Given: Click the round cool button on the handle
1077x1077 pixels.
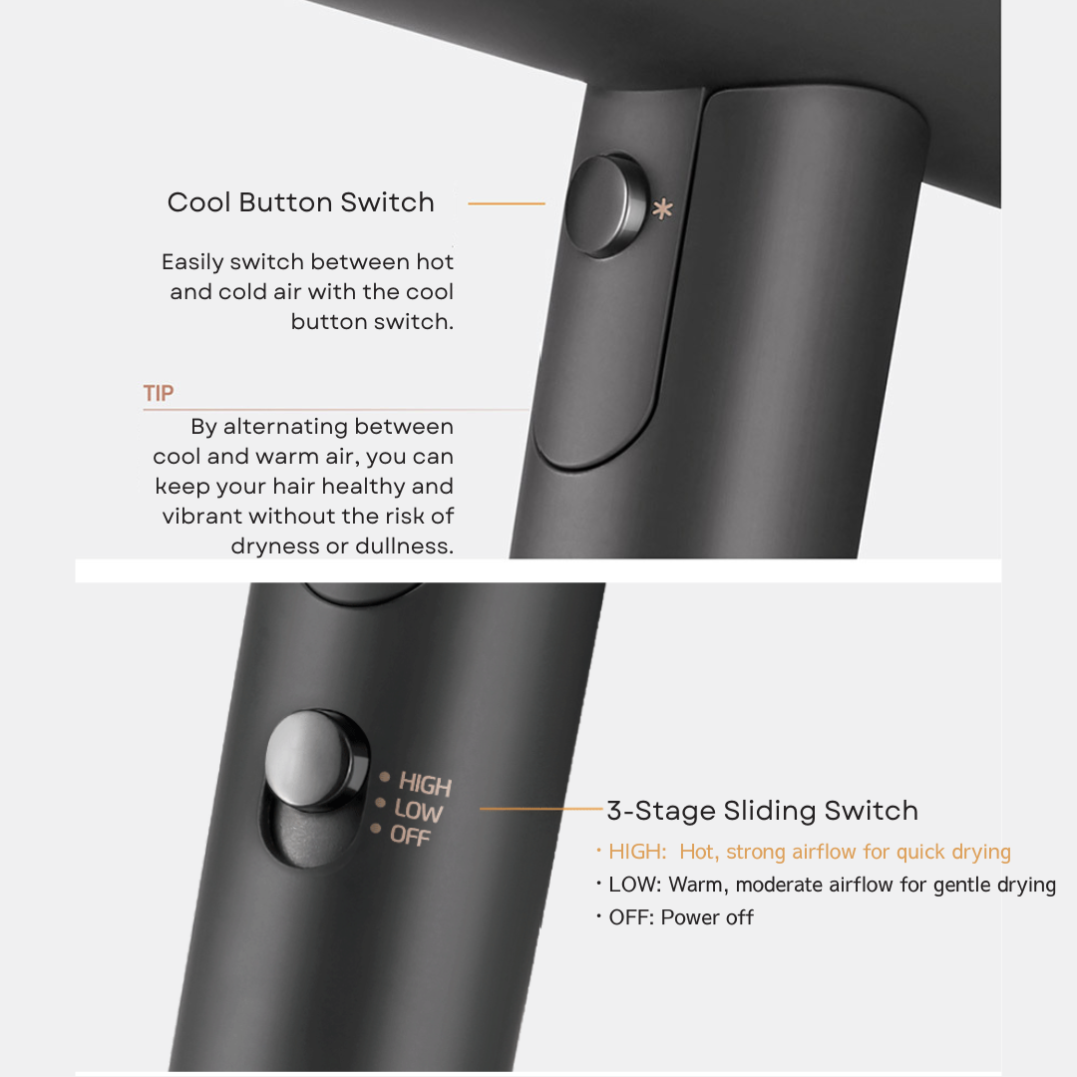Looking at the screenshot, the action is pyautogui.click(x=605, y=205).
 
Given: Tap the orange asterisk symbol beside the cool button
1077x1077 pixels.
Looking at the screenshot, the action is pyautogui.click(x=663, y=209).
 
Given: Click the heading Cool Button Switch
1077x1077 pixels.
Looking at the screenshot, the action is pyautogui.click(x=301, y=202).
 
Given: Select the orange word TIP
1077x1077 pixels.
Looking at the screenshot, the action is pyautogui.click(x=159, y=393).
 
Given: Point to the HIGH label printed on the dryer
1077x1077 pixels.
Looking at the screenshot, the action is pyautogui.click(x=425, y=785).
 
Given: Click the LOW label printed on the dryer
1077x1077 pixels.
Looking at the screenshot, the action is pyautogui.click(x=418, y=811).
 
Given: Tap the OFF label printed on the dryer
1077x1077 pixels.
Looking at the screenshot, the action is pyautogui.click(x=410, y=836).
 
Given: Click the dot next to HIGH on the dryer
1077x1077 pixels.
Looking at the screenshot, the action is pyautogui.click(x=385, y=777).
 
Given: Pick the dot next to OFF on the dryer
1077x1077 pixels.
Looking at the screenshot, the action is pyautogui.click(x=376, y=829).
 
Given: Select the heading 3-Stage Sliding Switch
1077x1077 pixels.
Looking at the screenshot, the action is pyautogui.click(x=763, y=811).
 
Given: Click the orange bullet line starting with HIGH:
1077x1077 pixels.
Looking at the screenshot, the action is pyautogui.click(x=804, y=852).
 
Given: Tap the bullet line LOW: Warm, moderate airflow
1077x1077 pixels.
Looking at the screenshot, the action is pyautogui.click(x=827, y=885).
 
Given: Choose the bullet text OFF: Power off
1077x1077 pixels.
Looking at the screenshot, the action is pyautogui.click(x=675, y=917).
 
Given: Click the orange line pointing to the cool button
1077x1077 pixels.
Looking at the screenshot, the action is pyautogui.click(x=507, y=203).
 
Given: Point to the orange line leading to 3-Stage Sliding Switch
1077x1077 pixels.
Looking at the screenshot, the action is pyautogui.click(x=541, y=809).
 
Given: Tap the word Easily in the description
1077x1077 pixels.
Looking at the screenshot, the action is pyautogui.click(x=193, y=262).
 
